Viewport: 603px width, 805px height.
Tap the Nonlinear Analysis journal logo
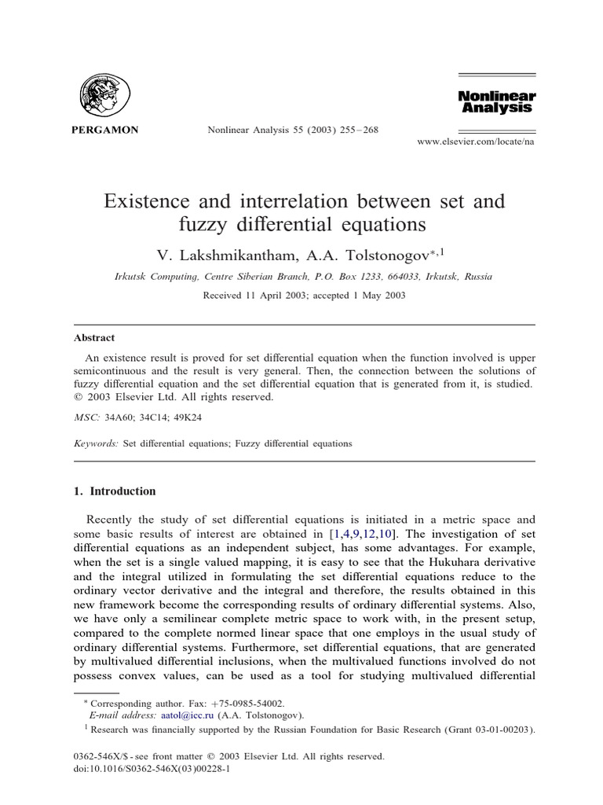(495, 101)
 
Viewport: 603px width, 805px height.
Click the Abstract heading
(94, 338)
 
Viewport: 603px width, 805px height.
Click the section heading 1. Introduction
(115, 491)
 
